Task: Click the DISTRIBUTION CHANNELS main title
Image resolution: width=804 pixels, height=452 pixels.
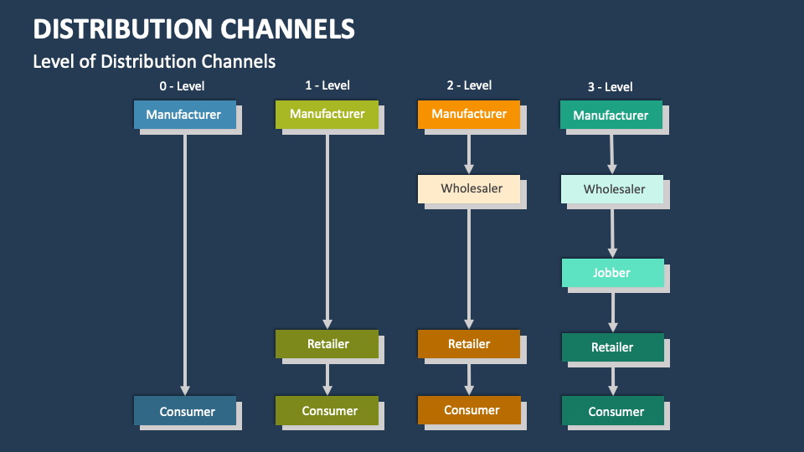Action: click(193, 28)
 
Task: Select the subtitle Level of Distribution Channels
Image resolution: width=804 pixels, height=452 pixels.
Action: click(154, 61)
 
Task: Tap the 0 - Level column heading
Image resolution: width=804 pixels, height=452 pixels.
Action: click(182, 85)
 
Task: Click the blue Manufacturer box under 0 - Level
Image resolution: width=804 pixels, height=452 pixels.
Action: click(184, 115)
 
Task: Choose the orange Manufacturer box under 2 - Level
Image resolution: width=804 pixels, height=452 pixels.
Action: click(469, 115)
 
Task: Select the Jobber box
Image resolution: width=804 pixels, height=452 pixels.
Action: click(612, 273)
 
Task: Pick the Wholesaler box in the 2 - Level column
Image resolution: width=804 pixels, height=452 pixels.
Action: click(472, 188)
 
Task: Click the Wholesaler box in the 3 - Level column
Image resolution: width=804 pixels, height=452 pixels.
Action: click(614, 189)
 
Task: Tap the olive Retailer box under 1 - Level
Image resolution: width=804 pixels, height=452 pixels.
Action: click(327, 343)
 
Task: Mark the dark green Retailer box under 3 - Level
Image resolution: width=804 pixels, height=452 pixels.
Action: click(612, 347)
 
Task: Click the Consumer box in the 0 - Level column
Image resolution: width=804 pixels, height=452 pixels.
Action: click(186, 411)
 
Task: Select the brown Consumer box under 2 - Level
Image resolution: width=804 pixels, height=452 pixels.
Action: click(471, 410)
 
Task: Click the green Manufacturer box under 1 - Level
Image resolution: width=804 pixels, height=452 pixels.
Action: click(327, 115)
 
